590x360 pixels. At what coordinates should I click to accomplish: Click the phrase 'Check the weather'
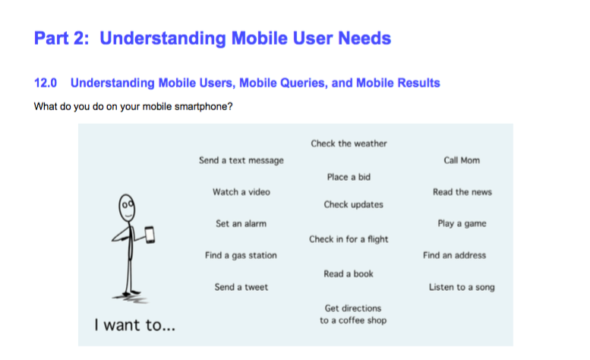(x=349, y=144)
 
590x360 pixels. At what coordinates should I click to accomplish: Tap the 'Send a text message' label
(x=241, y=160)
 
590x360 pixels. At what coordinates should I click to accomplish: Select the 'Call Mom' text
(x=462, y=160)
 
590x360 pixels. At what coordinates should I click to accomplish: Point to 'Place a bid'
(x=349, y=177)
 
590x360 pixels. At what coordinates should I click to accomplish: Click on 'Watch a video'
(x=241, y=192)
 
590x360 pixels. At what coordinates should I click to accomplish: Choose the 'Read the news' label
(x=462, y=192)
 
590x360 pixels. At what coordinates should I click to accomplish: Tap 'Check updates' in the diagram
(x=353, y=204)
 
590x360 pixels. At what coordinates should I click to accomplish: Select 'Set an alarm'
(x=241, y=223)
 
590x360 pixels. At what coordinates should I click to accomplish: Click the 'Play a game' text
(x=462, y=224)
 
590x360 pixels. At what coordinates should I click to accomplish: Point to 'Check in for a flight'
(x=349, y=239)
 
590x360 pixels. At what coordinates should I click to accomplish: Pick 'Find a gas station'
(x=241, y=255)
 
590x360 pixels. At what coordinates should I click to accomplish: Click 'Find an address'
(x=454, y=255)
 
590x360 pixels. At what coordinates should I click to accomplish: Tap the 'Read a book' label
(x=349, y=274)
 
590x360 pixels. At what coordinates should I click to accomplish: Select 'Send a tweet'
(x=241, y=287)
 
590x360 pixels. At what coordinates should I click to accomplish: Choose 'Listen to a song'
(x=462, y=287)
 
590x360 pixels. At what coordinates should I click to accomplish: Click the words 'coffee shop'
(x=362, y=321)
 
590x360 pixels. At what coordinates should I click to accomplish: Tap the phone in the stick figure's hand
(x=150, y=235)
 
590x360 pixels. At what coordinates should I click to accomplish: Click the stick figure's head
(x=127, y=207)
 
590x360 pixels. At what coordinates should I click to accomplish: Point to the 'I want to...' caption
(x=134, y=325)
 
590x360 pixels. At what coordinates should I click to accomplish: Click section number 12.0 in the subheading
(x=46, y=83)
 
